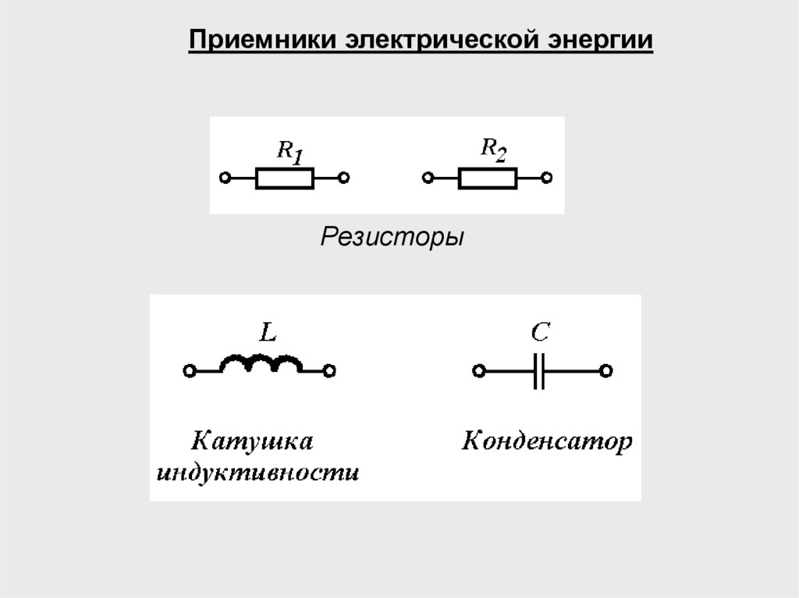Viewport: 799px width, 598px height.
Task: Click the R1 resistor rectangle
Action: click(x=285, y=179)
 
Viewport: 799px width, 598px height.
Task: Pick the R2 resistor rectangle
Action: click(x=487, y=179)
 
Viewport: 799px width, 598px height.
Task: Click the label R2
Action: click(x=492, y=148)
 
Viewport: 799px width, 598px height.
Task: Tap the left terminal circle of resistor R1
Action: click(x=225, y=179)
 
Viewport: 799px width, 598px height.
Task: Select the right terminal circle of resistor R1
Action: click(x=344, y=179)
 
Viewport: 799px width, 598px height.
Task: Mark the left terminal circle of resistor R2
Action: click(x=427, y=179)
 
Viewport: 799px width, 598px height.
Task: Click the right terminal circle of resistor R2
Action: click(x=546, y=179)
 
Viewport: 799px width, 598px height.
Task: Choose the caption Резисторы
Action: click(x=392, y=236)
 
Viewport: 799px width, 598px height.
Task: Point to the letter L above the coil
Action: click(x=267, y=334)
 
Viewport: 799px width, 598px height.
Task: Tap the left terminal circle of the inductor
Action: click(x=188, y=371)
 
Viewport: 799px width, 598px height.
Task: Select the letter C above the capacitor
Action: click(x=540, y=334)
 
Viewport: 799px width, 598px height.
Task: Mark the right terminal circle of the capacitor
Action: click(x=606, y=371)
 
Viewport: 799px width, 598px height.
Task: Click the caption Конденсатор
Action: click(x=547, y=443)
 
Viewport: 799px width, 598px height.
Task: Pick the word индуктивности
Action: click(x=258, y=472)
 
